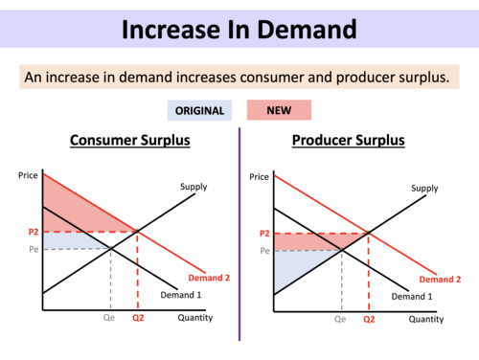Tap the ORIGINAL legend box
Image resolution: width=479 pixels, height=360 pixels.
[199, 110]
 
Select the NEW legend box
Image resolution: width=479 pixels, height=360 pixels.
[279, 110]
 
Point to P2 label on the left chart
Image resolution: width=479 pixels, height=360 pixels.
[31, 233]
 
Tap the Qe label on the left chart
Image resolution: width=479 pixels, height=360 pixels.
[110, 319]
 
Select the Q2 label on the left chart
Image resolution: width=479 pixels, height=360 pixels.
[140, 319]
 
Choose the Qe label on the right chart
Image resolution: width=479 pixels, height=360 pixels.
[340, 319]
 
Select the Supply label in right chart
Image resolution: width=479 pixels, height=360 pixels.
[425, 189]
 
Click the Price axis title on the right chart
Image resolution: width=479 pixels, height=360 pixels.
[260, 177]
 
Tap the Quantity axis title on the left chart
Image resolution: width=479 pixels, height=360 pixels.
[195, 318]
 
